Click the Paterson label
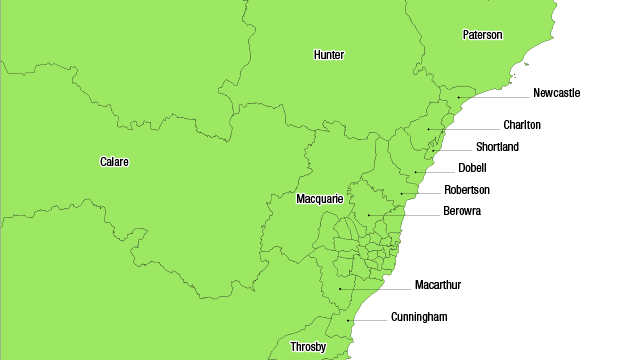[482, 35]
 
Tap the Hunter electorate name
[328, 54]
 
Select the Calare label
[114, 162]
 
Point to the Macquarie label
[320, 199]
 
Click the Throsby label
[308, 347]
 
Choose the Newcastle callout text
[556, 93]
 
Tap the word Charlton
[522, 125]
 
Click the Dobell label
[472, 168]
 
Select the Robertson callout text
[467, 190]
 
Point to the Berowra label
[462, 211]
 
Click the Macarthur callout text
[438, 285]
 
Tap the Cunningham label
[419, 317]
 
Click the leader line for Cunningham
[375, 320]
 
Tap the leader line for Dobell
[431, 172]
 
